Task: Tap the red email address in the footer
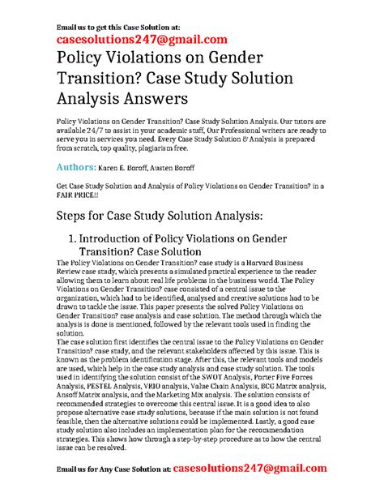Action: pos(259,468)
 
